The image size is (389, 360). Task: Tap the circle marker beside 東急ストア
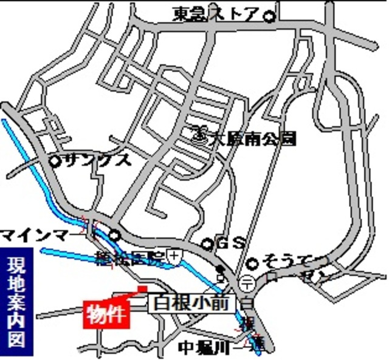click(268, 15)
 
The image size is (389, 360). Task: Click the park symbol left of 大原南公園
click(199, 132)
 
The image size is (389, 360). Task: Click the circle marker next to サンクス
click(55, 161)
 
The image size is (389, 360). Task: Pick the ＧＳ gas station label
click(230, 243)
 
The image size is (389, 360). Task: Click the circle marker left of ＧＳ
click(207, 244)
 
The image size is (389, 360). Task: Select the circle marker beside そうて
click(253, 263)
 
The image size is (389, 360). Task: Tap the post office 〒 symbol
click(247, 282)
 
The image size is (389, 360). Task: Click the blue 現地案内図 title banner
click(16, 302)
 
